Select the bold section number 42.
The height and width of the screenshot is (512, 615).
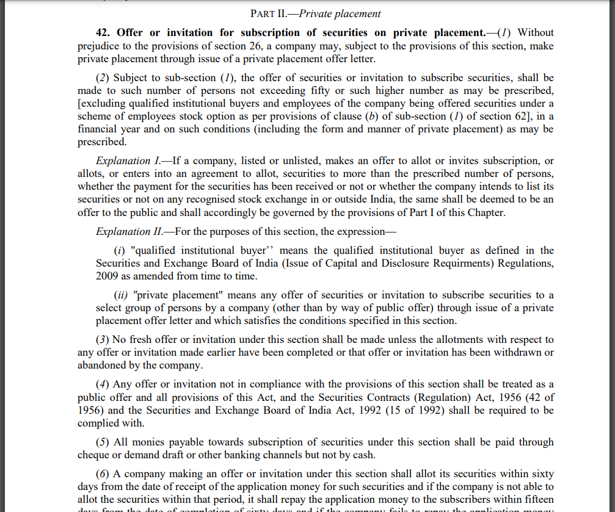click(x=103, y=32)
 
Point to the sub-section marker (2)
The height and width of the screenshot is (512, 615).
click(x=103, y=78)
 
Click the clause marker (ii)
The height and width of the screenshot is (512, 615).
click(x=122, y=295)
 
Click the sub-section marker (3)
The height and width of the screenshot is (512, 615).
click(x=103, y=339)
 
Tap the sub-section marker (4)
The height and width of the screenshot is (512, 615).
click(x=103, y=384)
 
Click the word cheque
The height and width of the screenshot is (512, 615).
click(x=93, y=455)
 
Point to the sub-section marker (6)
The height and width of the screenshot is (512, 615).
click(x=103, y=474)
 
